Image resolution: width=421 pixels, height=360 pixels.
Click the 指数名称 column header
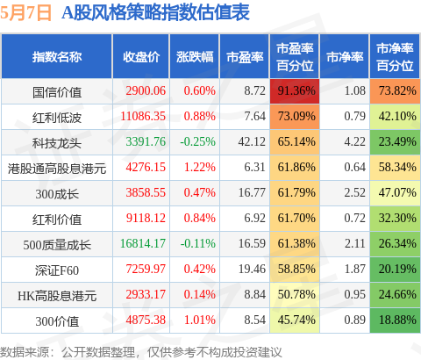click(x=57, y=57)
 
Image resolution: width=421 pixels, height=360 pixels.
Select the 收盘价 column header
click(x=141, y=57)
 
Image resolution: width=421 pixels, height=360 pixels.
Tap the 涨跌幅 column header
click(x=195, y=57)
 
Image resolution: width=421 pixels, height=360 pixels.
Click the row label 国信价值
click(x=57, y=92)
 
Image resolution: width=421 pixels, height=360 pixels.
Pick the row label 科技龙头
click(x=57, y=143)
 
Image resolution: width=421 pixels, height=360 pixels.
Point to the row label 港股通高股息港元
click(x=57, y=169)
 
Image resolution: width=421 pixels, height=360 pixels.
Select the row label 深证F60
click(x=57, y=270)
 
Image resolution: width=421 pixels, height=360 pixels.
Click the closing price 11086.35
click(x=143, y=116)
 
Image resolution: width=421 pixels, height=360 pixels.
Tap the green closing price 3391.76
click(x=146, y=141)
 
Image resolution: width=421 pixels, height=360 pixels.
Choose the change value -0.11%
click(x=198, y=243)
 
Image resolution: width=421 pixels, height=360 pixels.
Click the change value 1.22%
click(x=200, y=167)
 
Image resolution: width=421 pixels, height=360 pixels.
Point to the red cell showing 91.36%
click(x=295, y=90)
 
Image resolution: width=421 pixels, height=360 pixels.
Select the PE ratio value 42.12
click(x=252, y=141)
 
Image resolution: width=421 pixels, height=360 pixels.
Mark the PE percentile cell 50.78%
click(x=295, y=295)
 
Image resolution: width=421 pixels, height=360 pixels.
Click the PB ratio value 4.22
click(x=355, y=141)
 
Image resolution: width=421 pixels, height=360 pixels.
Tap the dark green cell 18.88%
click(x=395, y=320)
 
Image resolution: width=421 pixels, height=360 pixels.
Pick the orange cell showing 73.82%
click(x=395, y=90)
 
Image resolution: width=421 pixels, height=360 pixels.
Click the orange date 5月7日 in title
click(x=25, y=13)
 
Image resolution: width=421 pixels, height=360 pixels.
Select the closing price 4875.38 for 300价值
click(x=146, y=320)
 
